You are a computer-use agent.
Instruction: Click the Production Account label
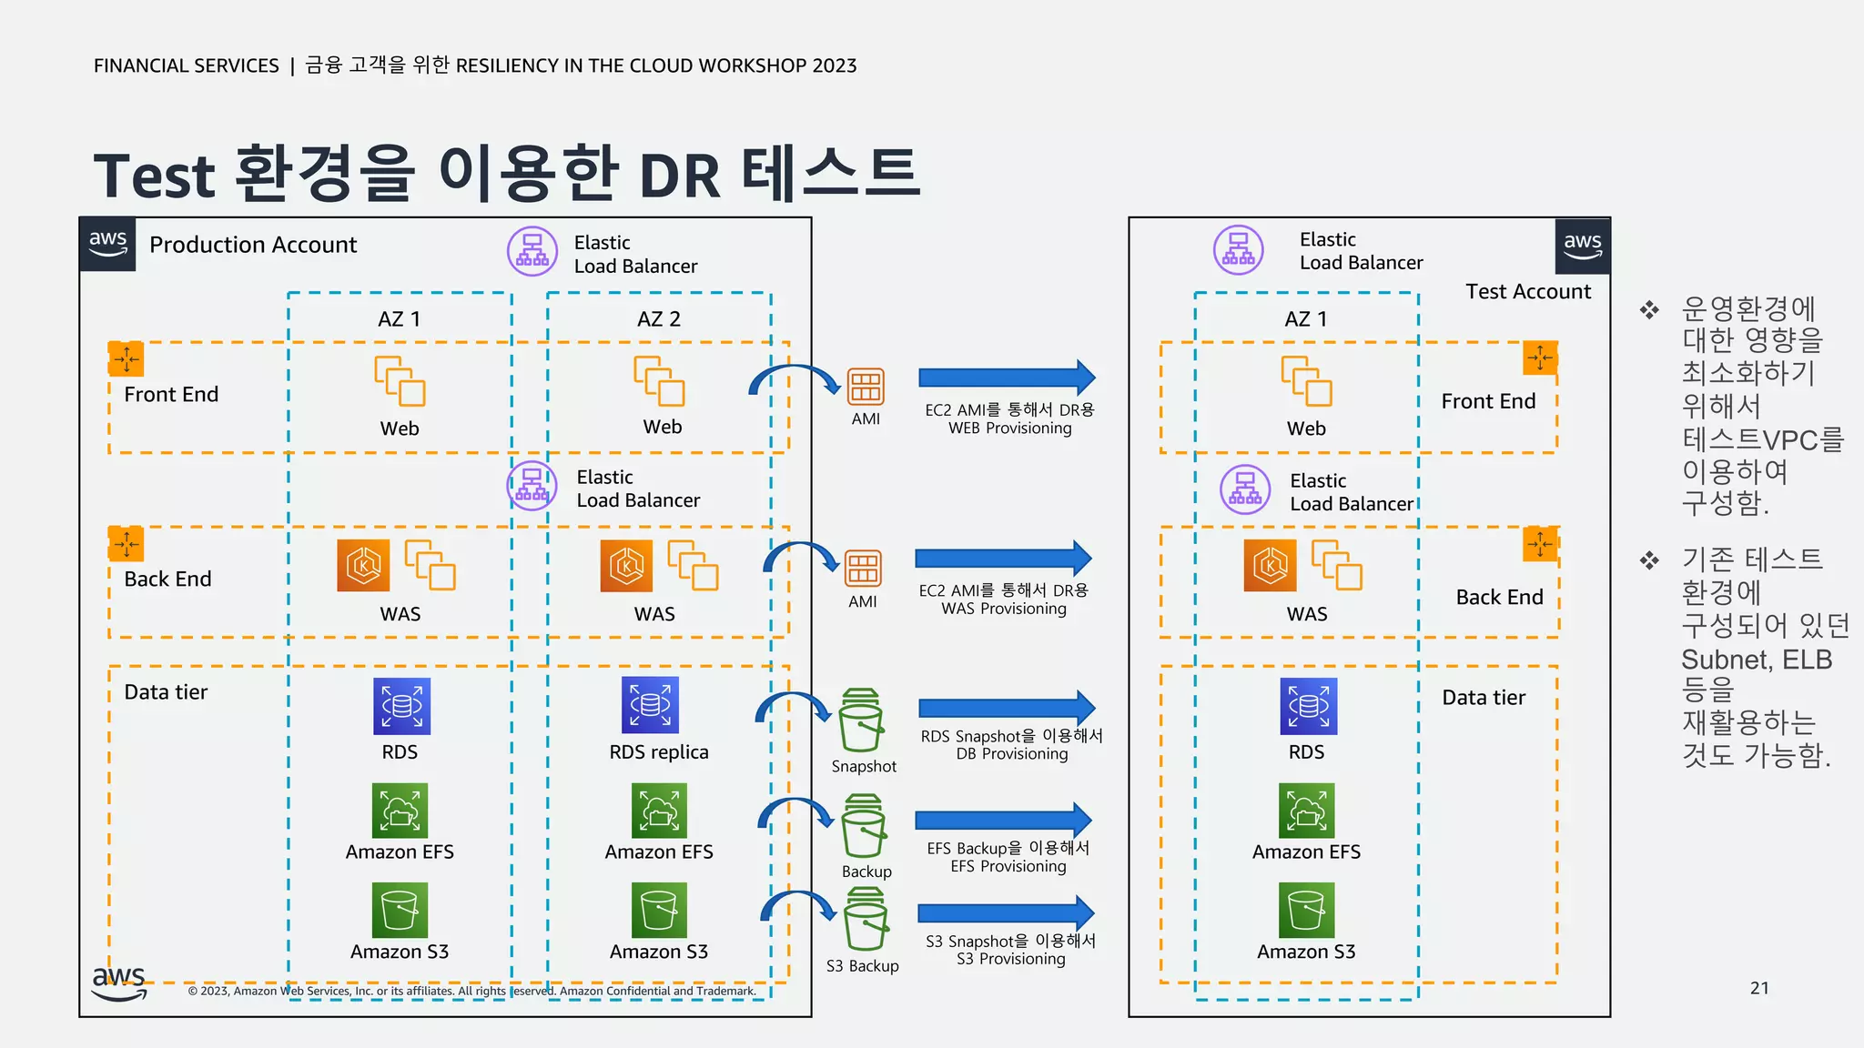(x=253, y=245)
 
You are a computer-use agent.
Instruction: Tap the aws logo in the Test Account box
(x=1583, y=245)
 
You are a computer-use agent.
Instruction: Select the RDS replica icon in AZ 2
(x=650, y=705)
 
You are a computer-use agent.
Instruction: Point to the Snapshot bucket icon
(x=861, y=720)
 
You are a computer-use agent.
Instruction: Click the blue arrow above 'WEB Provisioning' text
(x=1007, y=378)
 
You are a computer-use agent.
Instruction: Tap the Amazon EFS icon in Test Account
(x=1306, y=811)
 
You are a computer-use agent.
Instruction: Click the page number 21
(x=1759, y=988)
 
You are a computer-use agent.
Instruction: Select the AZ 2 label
(x=659, y=319)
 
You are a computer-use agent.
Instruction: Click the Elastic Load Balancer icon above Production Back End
(x=532, y=486)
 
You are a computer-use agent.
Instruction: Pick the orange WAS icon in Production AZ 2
(x=626, y=566)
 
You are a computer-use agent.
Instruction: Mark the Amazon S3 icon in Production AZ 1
(x=400, y=910)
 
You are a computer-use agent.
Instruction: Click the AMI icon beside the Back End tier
(x=863, y=569)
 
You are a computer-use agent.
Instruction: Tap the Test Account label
(x=1528, y=291)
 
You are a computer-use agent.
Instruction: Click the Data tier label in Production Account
(x=166, y=692)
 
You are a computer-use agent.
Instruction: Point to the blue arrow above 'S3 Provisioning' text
(x=1006, y=913)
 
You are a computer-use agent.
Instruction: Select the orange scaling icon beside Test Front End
(x=1540, y=358)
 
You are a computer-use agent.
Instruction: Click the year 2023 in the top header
(x=835, y=65)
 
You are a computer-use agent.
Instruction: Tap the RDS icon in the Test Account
(x=1308, y=706)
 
